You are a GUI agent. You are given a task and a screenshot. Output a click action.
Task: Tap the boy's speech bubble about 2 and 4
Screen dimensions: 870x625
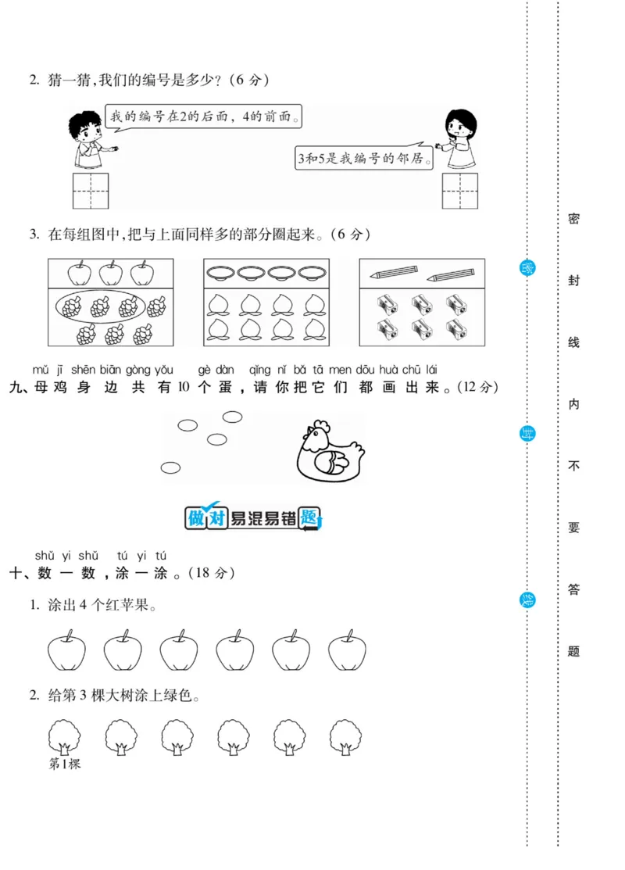pyautogui.click(x=203, y=117)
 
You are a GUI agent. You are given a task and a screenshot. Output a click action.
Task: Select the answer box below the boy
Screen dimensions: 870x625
pyautogui.click(x=91, y=192)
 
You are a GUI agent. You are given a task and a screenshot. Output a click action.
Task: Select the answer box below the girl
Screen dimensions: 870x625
pyautogui.click(x=459, y=192)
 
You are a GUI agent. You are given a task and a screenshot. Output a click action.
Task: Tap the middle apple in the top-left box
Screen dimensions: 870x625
pyautogui.click(x=110, y=274)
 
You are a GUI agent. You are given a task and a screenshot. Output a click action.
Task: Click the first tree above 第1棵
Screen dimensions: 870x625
pyautogui.click(x=65, y=736)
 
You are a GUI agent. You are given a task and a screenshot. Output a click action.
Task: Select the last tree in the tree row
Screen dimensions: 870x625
pyautogui.click(x=345, y=736)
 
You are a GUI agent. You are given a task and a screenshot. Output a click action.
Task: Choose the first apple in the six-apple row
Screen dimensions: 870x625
pyautogui.click(x=66, y=652)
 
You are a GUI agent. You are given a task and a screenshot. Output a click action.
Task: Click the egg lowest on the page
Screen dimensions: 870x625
pyautogui.click(x=170, y=467)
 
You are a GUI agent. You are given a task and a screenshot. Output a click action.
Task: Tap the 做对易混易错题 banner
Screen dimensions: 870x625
pyautogui.click(x=253, y=517)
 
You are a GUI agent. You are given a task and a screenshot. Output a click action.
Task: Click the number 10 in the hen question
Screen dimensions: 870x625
pyautogui.click(x=184, y=387)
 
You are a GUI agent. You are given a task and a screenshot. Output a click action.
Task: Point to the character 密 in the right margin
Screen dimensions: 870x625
pyautogui.click(x=573, y=219)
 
